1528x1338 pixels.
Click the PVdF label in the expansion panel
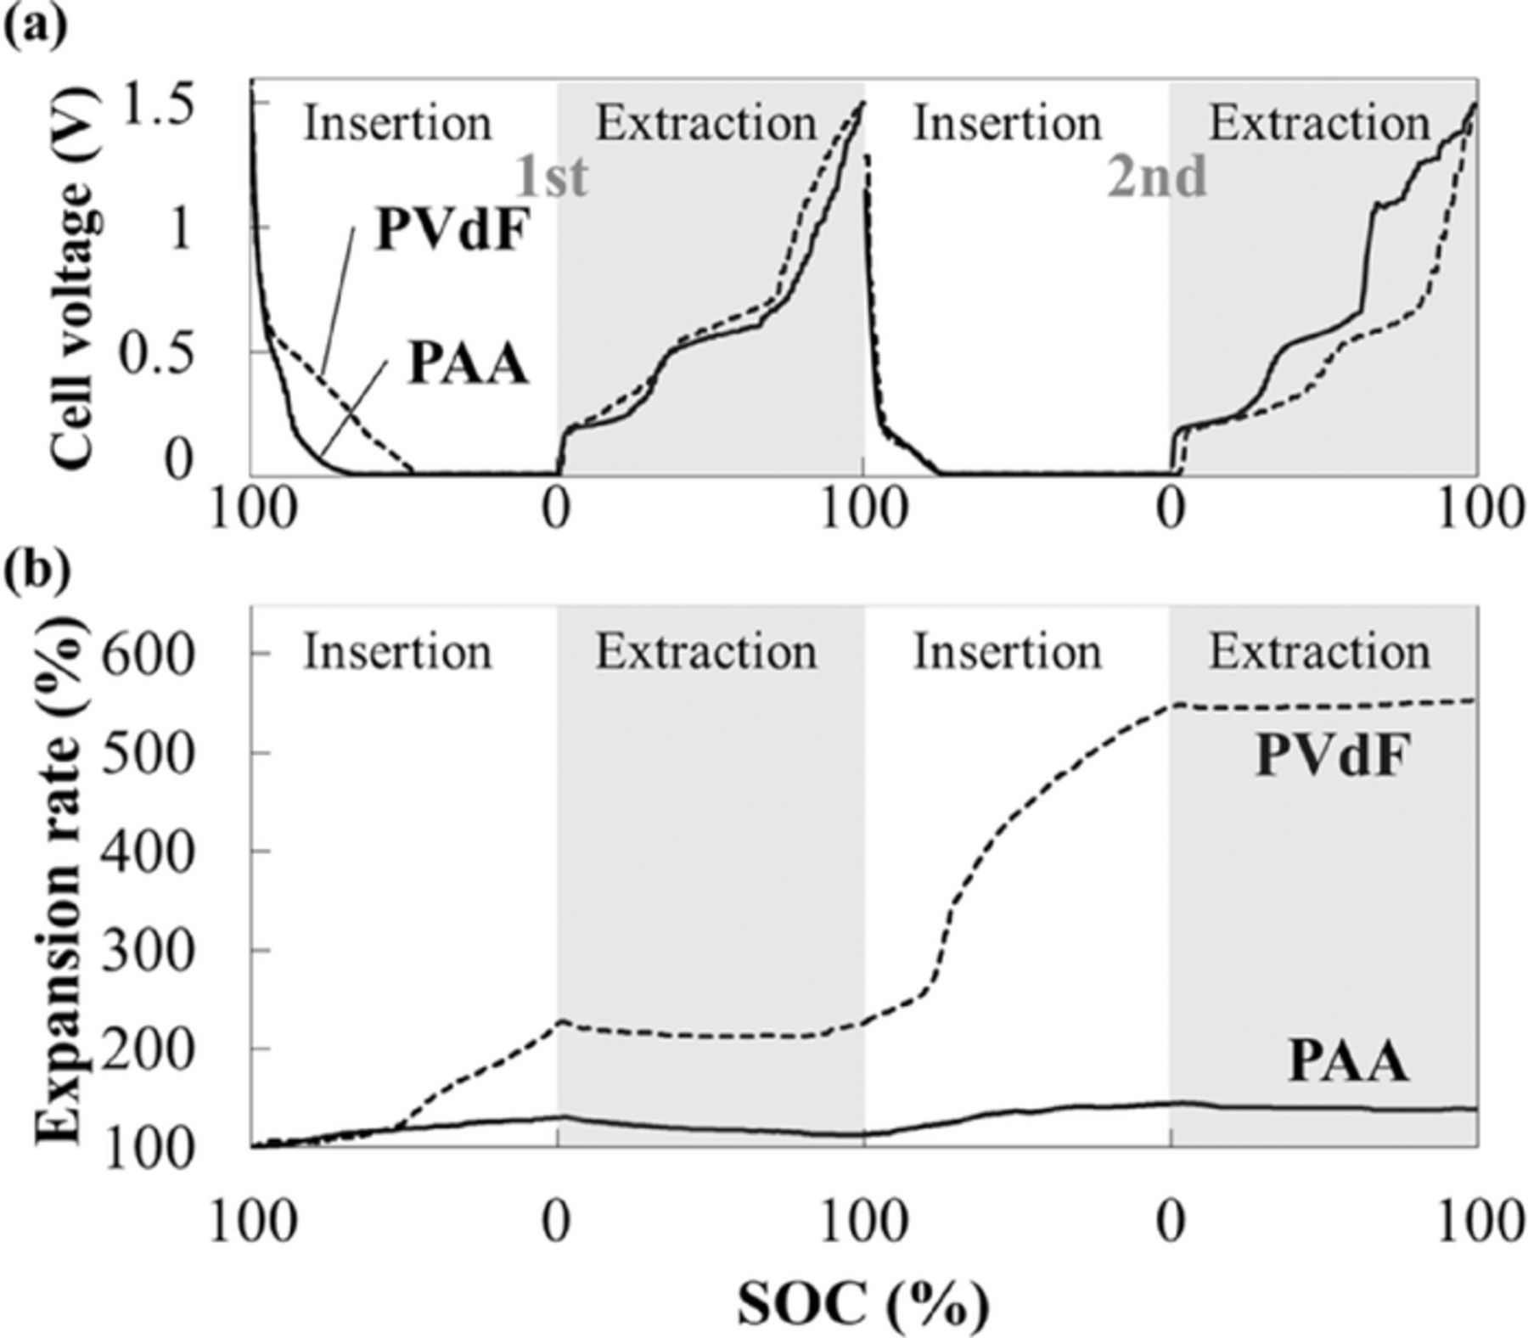(1332, 756)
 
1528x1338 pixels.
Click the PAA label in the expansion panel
(1349, 1061)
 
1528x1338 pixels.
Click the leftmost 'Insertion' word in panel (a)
(398, 124)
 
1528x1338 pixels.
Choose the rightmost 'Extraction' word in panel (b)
(1320, 652)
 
